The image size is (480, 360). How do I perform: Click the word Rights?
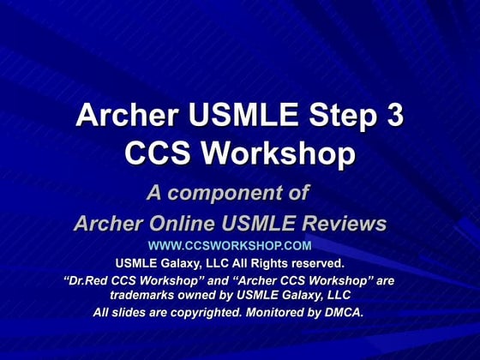pos(262,263)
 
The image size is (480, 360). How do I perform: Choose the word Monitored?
pos(276,312)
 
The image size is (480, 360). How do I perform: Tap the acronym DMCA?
pos(342,312)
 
